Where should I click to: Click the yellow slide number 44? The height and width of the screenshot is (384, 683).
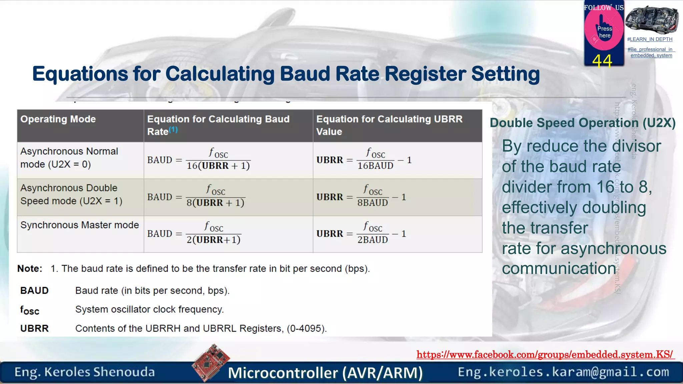pyautogui.click(x=602, y=61)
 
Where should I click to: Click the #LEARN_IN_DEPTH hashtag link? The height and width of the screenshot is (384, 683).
pyautogui.click(x=650, y=39)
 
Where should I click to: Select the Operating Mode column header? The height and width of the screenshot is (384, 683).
pyautogui.click(x=58, y=119)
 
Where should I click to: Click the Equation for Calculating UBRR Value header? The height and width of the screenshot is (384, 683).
pyautogui.click(x=389, y=125)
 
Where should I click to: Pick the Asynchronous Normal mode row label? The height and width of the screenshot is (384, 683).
pyautogui.click(x=69, y=158)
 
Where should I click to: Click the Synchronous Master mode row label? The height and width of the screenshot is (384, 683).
pyautogui.click(x=79, y=225)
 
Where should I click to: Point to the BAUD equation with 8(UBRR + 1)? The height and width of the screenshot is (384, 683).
pyautogui.click(x=197, y=197)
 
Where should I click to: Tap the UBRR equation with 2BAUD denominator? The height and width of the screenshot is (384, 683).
pyautogui.click(x=361, y=234)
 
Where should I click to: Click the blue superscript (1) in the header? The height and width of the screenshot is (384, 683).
pyautogui.click(x=173, y=130)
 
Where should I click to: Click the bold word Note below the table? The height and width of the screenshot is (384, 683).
pyautogui.click(x=30, y=269)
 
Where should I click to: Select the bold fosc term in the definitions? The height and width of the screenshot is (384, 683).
pyautogui.click(x=30, y=310)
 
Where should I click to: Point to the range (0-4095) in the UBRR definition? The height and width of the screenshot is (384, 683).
pyautogui.click(x=306, y=328)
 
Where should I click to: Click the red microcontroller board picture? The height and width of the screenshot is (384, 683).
pyautogui.click(x=211, y=363)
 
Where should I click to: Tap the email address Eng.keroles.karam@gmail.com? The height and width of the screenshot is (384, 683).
pyautogui.click(x=563, y=372)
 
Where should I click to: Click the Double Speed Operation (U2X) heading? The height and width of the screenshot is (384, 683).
pyautogui.click(x=582, y=123)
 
